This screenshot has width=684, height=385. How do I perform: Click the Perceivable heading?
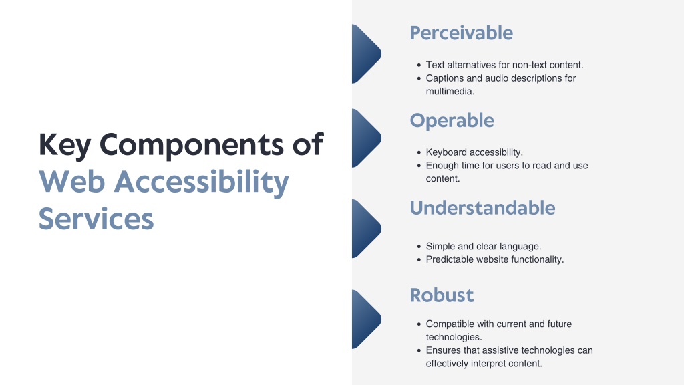[461, 33]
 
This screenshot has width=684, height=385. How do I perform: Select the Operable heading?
[452, 121]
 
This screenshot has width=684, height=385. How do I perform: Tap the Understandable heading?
[482, 208]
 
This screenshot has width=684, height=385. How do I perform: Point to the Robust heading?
[442, 295]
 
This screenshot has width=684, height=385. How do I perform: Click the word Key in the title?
[65, 145]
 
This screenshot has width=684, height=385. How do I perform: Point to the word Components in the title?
[192, 145]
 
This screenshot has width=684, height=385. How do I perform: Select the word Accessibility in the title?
[202, 182]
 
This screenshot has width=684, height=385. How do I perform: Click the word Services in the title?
[96, 219]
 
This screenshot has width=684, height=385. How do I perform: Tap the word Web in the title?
[72, 182]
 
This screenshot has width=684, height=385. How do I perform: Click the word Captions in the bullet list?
[444, 79]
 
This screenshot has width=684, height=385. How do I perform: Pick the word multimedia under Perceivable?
[450, 91]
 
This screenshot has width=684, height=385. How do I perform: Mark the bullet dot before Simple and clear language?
[419, 247]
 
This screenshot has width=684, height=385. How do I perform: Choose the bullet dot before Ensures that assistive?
[419, 350]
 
